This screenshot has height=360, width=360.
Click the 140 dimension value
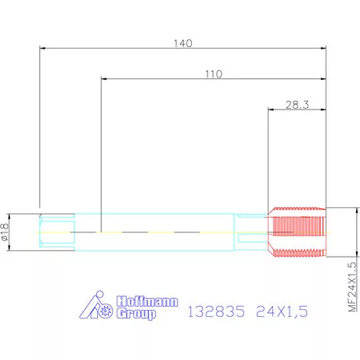click(x=183, y=43)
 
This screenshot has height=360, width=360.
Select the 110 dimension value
click(x=214, y=74)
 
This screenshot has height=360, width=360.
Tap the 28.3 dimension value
click(x=297, y=105)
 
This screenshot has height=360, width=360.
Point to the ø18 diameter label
click(x=5, y=232)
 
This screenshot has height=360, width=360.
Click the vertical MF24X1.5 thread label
click(x=352, y=287)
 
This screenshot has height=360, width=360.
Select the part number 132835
click(x=216, y=311)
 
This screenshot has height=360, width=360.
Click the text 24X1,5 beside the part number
click(x=282, y=311)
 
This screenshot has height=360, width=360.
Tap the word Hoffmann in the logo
click(x=147, y=301)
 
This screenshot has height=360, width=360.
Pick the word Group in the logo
click(x=136, y=314)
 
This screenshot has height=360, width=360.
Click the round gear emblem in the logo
click(x=106, y=311)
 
